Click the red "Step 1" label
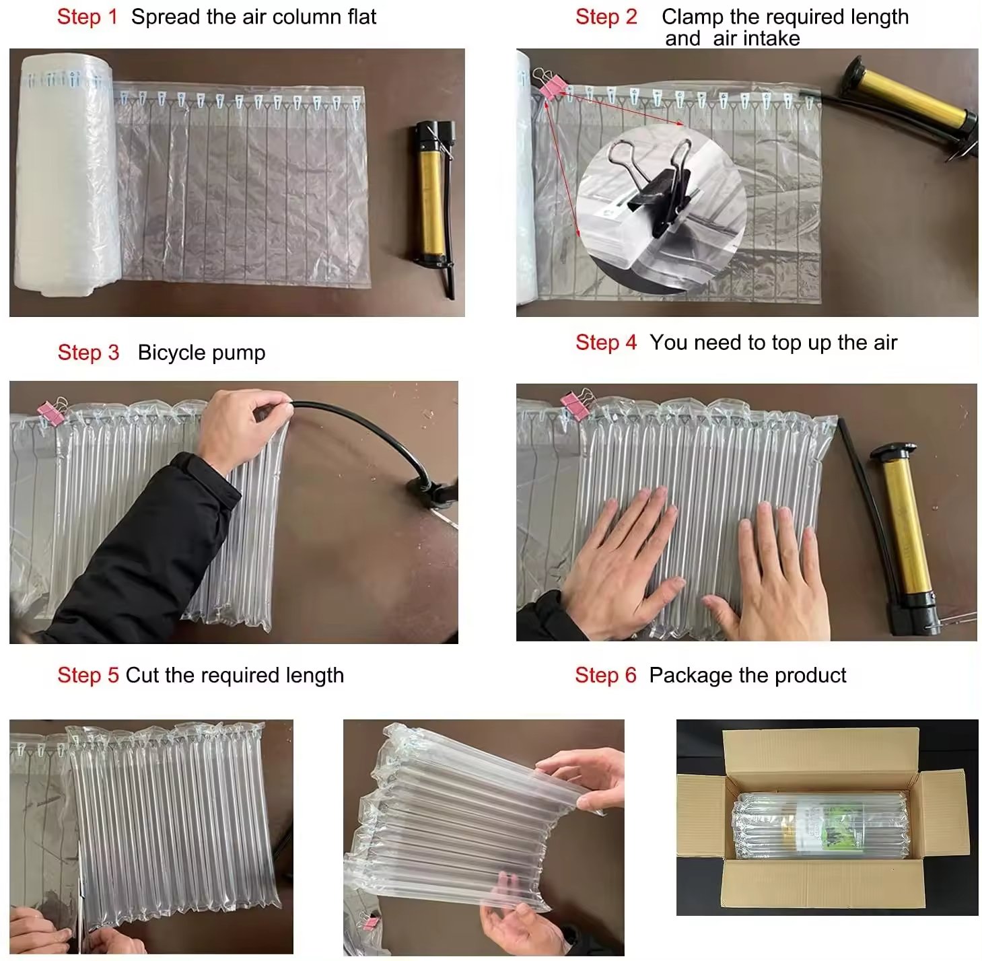87,17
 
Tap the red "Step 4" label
605,343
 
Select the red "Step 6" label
604,675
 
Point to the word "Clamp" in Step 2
692,17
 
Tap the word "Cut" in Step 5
141,675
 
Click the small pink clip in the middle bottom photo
368,920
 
